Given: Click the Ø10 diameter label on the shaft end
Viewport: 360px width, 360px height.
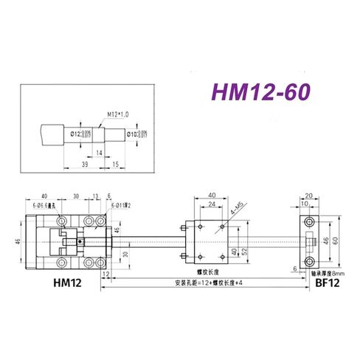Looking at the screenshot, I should click(136, 134).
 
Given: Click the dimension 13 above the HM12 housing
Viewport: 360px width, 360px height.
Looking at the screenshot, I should click(97, 197).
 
